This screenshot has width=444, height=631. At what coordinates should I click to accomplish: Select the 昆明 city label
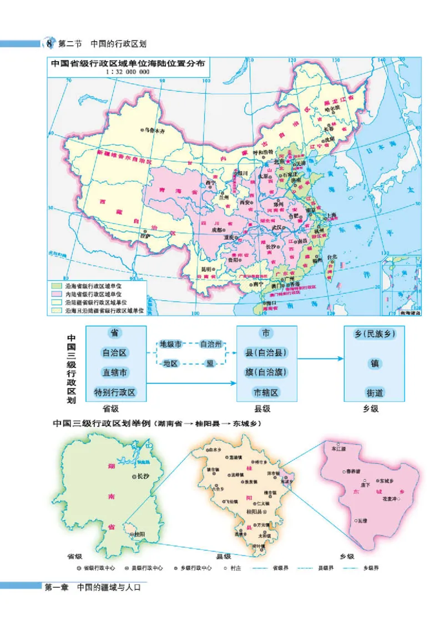click(x=205, y=270)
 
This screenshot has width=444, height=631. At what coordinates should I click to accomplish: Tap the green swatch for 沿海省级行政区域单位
click(x=57, y=285)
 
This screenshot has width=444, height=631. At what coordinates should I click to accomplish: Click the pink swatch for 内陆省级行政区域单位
click(x=57, y=294)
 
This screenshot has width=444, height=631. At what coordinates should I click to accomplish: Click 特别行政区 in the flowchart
click(x=115, y=392)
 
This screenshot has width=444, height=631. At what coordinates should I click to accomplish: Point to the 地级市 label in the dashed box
click(x=170, y=344)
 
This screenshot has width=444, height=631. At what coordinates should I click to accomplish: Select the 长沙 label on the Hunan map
click(x=143, y=476)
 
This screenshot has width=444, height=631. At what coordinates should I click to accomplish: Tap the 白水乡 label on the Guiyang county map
click(x=214, y=450)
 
